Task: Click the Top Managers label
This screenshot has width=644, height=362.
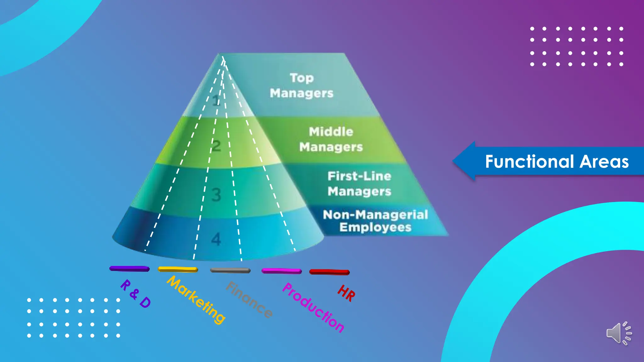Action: pos(302,85)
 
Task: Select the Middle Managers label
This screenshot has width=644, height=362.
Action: pos(331,139)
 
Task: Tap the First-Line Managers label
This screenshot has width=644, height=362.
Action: pos(359,184)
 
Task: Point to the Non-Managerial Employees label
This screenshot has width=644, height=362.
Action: pos(375,221)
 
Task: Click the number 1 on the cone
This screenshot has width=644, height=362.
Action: pos(216,101)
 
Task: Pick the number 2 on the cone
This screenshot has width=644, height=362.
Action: pos(216,146)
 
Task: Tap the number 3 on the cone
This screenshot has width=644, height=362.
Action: pos(216,195)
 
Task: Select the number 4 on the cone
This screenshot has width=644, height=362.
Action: pos(216,239)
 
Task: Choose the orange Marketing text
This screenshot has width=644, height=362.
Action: pos(196,300)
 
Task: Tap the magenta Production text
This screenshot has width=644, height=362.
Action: pos(313,308)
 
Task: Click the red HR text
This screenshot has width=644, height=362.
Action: pos(347,293)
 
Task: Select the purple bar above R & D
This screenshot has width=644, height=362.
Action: pos(129,269)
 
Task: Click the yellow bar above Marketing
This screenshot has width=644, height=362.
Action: pos(178,269)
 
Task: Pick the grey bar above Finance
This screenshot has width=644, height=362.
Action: pos(230,270)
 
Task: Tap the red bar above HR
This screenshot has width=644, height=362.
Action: pos(329,272)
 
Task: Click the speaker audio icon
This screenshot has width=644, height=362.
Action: pos(619,333)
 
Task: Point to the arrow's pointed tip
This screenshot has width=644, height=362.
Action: pos(453,161)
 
